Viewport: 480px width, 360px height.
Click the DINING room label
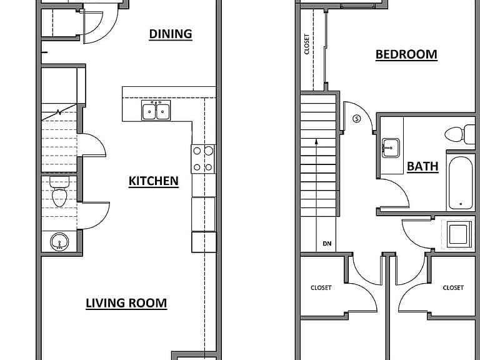(x=171, y=34)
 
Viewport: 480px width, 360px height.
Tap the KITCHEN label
(x=153, y=181)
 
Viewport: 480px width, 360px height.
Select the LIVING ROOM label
(x=126, y=303)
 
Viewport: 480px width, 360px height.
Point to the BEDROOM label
(x=406, y=54)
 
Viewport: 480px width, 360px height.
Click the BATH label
(x=422, y=166)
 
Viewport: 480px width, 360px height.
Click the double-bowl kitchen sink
(x=156, y=110)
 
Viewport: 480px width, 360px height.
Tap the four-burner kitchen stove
(x=203, y=159)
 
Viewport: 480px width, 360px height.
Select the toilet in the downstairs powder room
(x=59, y=192)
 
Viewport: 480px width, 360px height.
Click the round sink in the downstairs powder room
(x=59, y=242)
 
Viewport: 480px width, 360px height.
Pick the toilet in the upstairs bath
(x=459, y=134)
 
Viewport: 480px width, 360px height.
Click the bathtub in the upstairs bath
(x=461, y=182)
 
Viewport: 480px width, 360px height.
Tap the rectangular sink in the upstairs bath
(x=391, y=148)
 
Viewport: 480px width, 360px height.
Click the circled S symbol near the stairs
(x=357, y=119)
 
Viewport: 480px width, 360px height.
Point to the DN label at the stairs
(x=327, y=244)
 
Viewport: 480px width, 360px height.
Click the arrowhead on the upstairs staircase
(x=316, y=142)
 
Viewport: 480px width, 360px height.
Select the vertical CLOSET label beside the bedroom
(x=307, y=44)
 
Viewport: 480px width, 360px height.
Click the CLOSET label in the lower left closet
(x=321, y=287)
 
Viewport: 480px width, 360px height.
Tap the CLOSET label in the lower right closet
(x=453, y=287)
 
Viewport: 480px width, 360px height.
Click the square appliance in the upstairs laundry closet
(x=459, y=234)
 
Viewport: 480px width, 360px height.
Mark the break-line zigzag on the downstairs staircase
(x=59, y=112)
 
